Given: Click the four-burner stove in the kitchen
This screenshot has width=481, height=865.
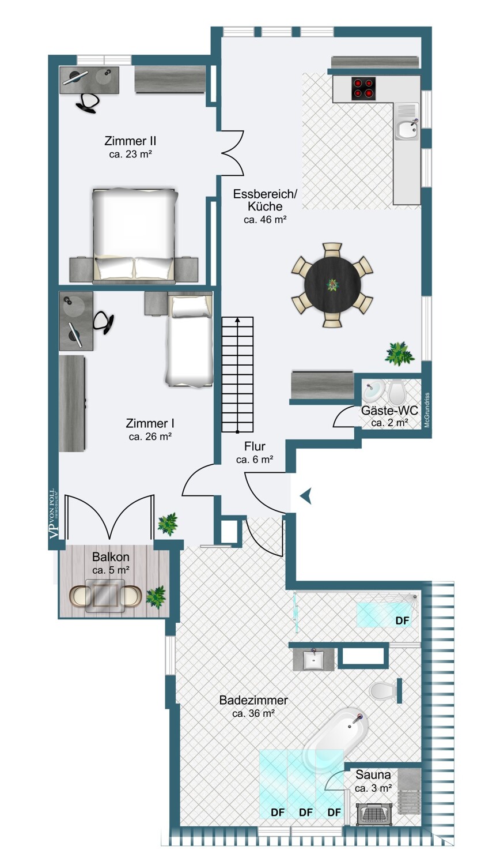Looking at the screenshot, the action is coord(363,89).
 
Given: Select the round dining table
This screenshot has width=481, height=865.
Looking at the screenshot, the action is coord(332,285).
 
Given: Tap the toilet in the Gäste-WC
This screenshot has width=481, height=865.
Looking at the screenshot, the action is coord(396,392).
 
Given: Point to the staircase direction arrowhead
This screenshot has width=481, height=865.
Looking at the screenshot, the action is coord(237,319).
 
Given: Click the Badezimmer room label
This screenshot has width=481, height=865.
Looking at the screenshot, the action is coord(253,700).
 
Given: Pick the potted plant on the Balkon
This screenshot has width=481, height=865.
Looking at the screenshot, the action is coord(156,597).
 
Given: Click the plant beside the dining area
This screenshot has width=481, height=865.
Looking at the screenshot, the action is coord(400,353).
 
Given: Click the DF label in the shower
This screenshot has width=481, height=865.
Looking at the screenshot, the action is coord(402,620).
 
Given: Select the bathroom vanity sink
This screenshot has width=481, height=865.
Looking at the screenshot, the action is coord(313,659).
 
